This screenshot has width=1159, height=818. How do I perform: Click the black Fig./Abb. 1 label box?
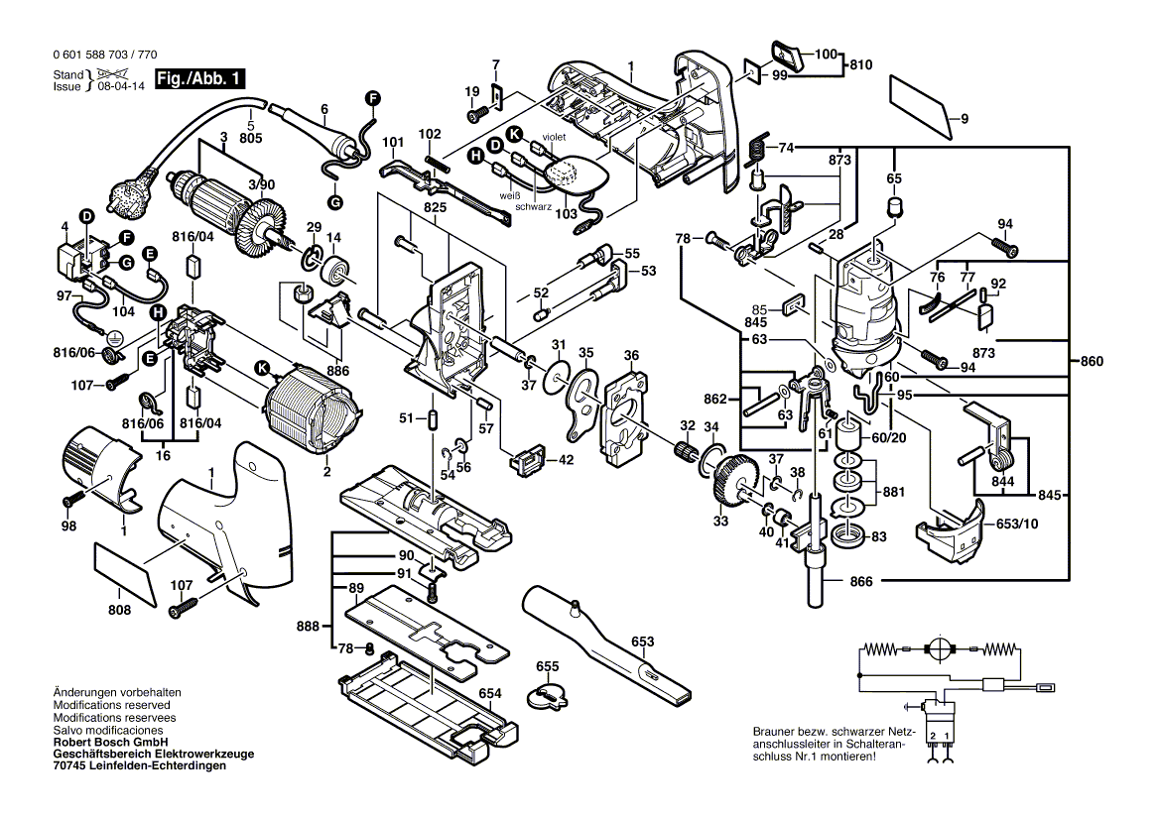pyautogui.click(x=198, y=80)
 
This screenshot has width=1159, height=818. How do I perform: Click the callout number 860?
pyautogui.click(x=1092, y=363)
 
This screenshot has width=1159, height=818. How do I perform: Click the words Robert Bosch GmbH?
pyautogui.click(x=110, y=743)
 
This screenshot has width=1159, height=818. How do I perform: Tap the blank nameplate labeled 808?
pyautogui.click(x=125, y=572)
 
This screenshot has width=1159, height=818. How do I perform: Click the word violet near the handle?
pyautogui.click(x=554, y=137)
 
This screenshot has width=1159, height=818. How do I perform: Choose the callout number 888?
pyautogui.click(x=309, y=627)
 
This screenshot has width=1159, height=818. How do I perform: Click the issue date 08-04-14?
pyautogui.click(x=120, y=86)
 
